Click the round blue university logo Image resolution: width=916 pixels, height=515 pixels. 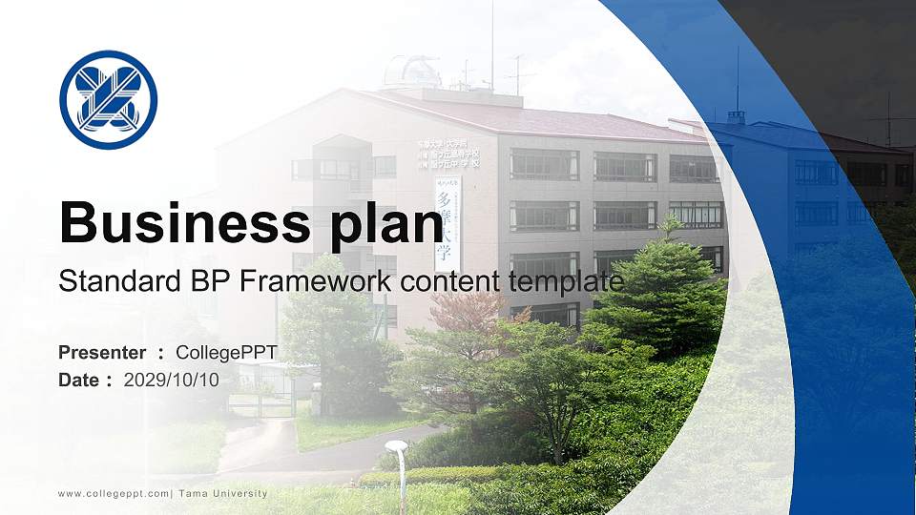[x=108, y=100]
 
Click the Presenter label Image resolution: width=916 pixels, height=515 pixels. [x=102, y=353]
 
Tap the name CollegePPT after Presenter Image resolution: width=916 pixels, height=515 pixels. [x=226, y=353]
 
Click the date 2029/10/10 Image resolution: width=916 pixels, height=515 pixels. [x=172, y=381]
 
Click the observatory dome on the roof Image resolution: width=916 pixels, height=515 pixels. [x=412, y=71]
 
